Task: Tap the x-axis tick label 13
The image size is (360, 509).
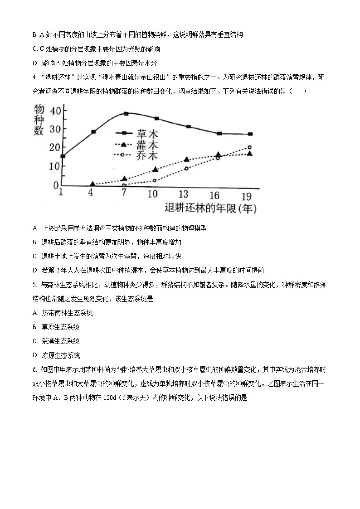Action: tap(184, 194)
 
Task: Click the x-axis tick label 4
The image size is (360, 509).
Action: tap(91, 192)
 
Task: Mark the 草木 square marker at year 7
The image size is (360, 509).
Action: tap(126, 113)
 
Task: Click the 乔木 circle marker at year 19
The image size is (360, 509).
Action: tap(250, 147)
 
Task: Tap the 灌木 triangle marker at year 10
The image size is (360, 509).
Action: tap(156, 170)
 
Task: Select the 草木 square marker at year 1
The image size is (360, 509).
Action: tap(63, 156)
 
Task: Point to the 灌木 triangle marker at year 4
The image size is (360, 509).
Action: tap(92, 184)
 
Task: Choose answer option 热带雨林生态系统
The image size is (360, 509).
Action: tap(67, 313)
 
